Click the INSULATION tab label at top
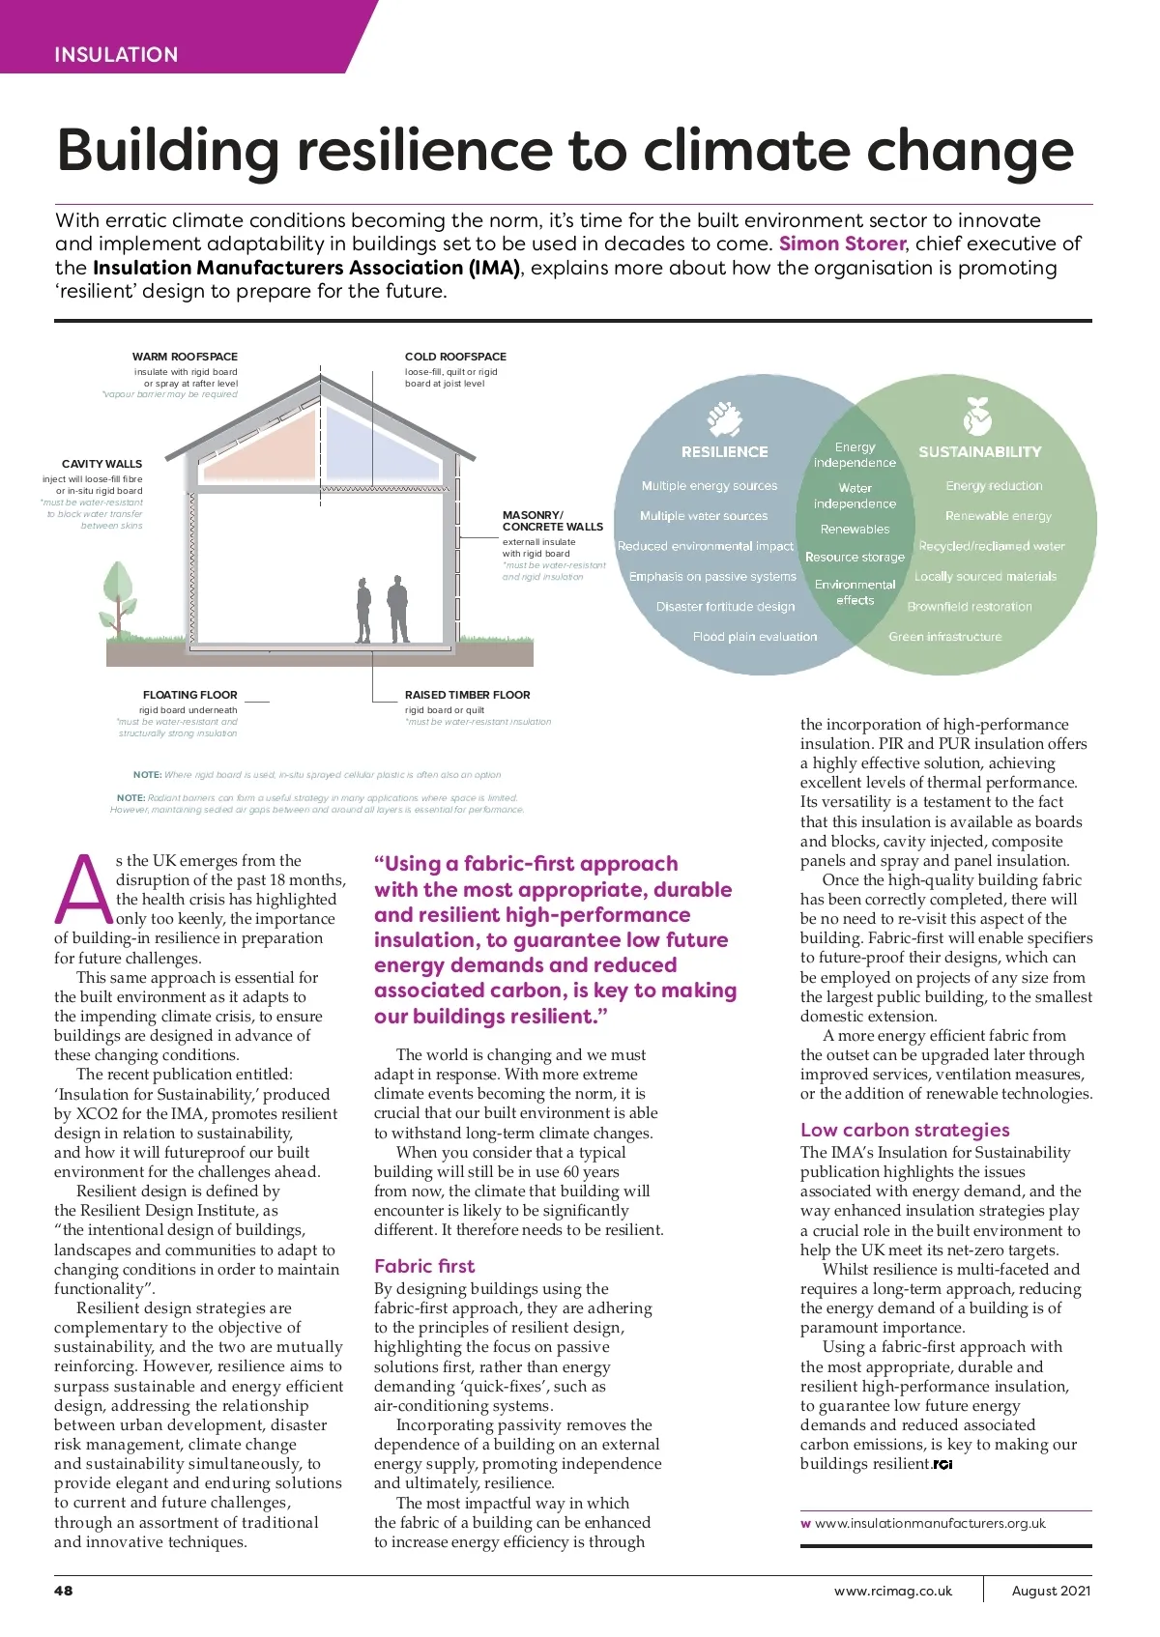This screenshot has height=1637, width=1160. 116,54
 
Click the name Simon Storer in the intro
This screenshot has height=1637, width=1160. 842,244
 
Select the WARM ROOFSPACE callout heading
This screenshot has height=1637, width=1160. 185,357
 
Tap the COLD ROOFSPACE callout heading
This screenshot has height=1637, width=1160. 455,357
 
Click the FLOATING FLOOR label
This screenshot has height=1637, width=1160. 189,695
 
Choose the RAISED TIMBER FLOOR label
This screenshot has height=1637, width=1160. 467,695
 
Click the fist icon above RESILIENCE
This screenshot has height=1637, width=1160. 723,418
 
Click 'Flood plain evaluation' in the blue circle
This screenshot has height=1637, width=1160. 755,637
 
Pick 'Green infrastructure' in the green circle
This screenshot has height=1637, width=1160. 945,637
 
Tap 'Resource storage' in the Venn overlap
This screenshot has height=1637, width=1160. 855,557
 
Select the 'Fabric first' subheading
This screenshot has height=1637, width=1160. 424,1266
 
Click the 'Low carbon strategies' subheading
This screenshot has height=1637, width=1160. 905,1130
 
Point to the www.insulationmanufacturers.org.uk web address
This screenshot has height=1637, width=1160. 930,1523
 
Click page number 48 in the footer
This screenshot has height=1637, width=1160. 63,1591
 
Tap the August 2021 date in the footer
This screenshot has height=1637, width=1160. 1051,1591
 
